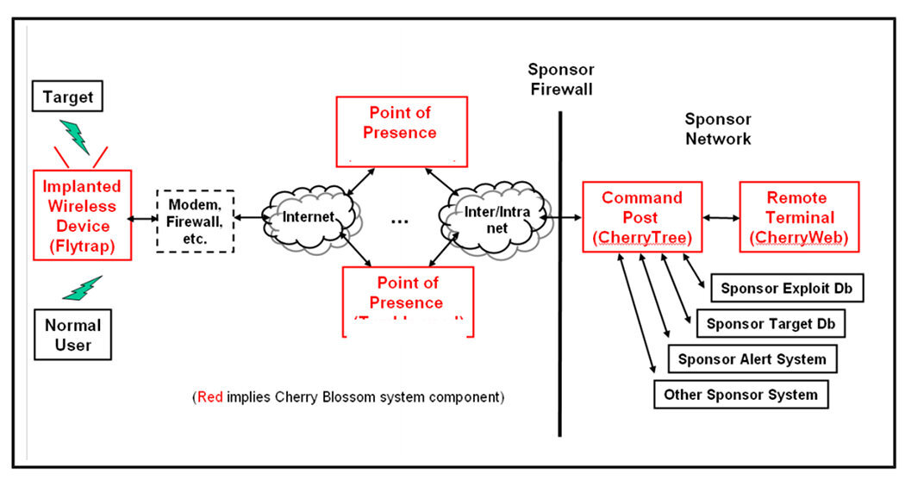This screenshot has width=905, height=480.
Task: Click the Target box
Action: click(x=67, y=97)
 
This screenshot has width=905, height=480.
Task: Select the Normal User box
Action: click(x=72, y=335)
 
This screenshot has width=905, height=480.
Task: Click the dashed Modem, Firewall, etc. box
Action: click(x=195, y=220)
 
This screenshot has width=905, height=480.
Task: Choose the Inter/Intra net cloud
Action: click(x=489, y=217)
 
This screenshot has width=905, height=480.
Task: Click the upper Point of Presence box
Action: click(x=401, y=129)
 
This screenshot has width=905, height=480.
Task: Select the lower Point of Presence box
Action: click(x=408, y=300)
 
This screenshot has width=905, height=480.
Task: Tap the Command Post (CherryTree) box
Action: click(x=641, y=216)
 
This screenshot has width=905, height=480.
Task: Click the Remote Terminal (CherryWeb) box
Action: click(x=798, y=216)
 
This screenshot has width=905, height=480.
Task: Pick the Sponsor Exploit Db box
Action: click(x=786, y=289)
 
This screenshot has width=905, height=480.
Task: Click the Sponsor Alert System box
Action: click(x=752, y=358)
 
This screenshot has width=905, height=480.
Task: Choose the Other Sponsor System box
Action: click(x=740, y=395)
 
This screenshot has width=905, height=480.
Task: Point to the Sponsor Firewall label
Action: click(x=560, y=78)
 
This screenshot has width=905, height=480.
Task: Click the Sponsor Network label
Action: click(x=717, y=128)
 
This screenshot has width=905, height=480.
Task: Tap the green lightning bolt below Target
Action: click(x=75, y=135)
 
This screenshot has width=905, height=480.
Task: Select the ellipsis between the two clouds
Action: click(x=399, y=221)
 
